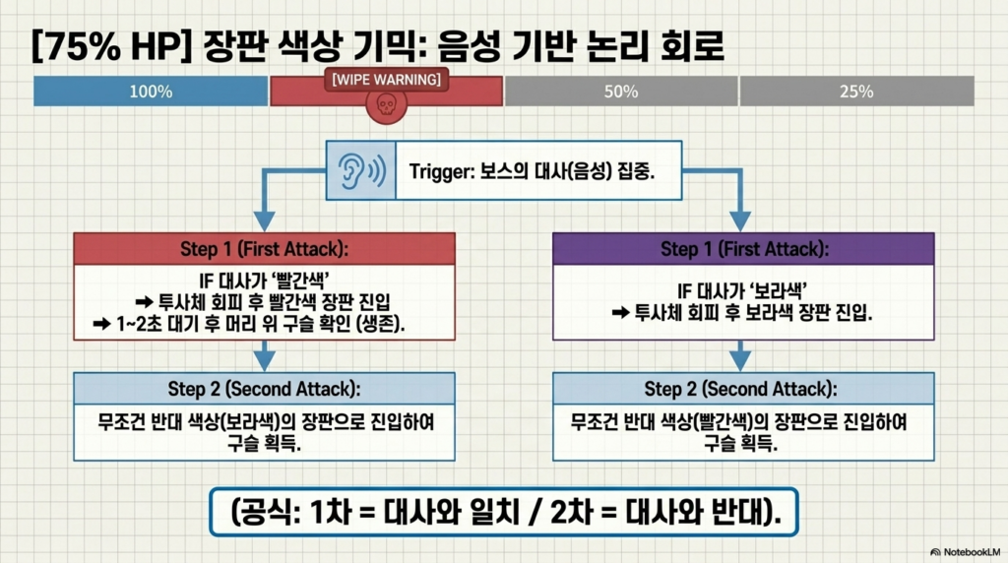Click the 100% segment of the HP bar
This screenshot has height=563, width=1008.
click(151, 91)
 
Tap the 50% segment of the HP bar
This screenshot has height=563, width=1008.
click(621, 91)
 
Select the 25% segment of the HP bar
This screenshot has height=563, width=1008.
click(857, 91)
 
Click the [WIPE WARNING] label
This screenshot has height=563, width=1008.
click(386, 80)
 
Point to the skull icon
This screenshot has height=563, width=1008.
click(386, 105)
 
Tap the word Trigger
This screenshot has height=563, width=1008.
click(440, 171)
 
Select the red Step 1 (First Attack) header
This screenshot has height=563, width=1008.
click(264, 249)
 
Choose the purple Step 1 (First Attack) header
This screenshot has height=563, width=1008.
click(743, 249)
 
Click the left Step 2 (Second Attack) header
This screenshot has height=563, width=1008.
click(264, 389)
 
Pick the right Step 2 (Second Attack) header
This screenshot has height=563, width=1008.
click(743, 389)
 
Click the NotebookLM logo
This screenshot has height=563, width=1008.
click(965, 552)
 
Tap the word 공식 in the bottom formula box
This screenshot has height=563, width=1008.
click(268, 512)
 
